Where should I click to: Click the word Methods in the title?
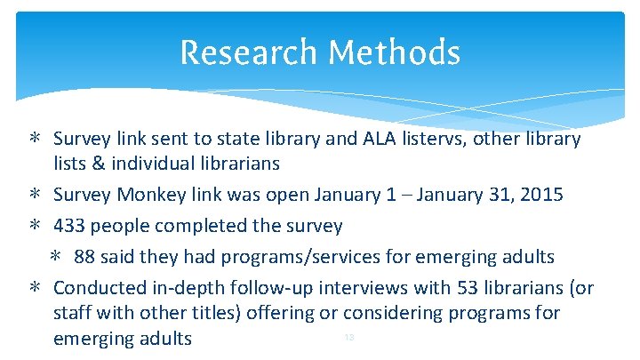tap(394, 52)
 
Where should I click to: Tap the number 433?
tap(69, 226)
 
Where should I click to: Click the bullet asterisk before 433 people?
tap(32, 226)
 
